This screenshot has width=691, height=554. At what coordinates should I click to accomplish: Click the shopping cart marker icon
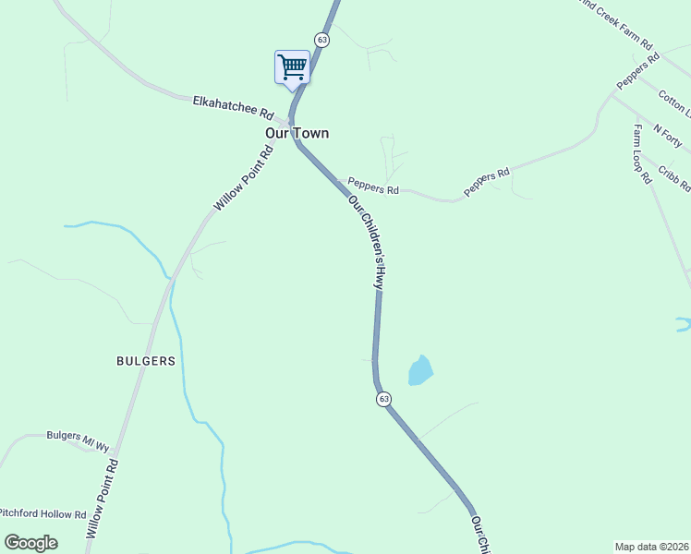coord(292,67)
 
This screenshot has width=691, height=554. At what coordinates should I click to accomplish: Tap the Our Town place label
coord(297,133)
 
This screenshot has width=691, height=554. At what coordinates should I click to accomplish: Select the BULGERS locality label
coord(145,361)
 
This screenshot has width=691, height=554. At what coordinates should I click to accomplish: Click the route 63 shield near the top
coord(321,40)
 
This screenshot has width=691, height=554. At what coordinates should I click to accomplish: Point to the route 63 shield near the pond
coord(383,399)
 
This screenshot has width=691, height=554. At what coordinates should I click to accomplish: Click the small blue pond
coord(419,371)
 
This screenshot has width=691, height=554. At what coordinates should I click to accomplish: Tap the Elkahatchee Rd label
coord(234,107)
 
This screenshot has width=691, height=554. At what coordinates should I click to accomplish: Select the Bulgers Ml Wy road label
coord(78,436)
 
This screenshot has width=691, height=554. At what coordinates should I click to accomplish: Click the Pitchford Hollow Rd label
coord(42,513)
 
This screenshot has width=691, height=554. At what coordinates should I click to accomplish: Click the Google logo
coord(30,543)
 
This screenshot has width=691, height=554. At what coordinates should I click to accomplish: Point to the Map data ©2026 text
coord(652,547)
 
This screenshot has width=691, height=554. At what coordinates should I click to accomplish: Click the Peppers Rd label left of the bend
coord(373,187)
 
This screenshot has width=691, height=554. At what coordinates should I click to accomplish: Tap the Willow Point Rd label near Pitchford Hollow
coord(102,500)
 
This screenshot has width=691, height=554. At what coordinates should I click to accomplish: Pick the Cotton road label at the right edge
coord(675,103)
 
